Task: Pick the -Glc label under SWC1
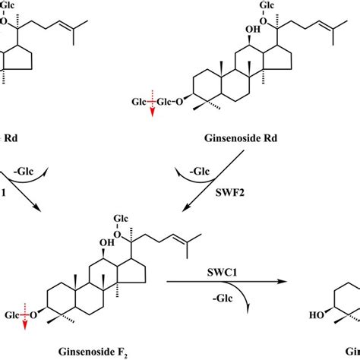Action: (231, 298)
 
